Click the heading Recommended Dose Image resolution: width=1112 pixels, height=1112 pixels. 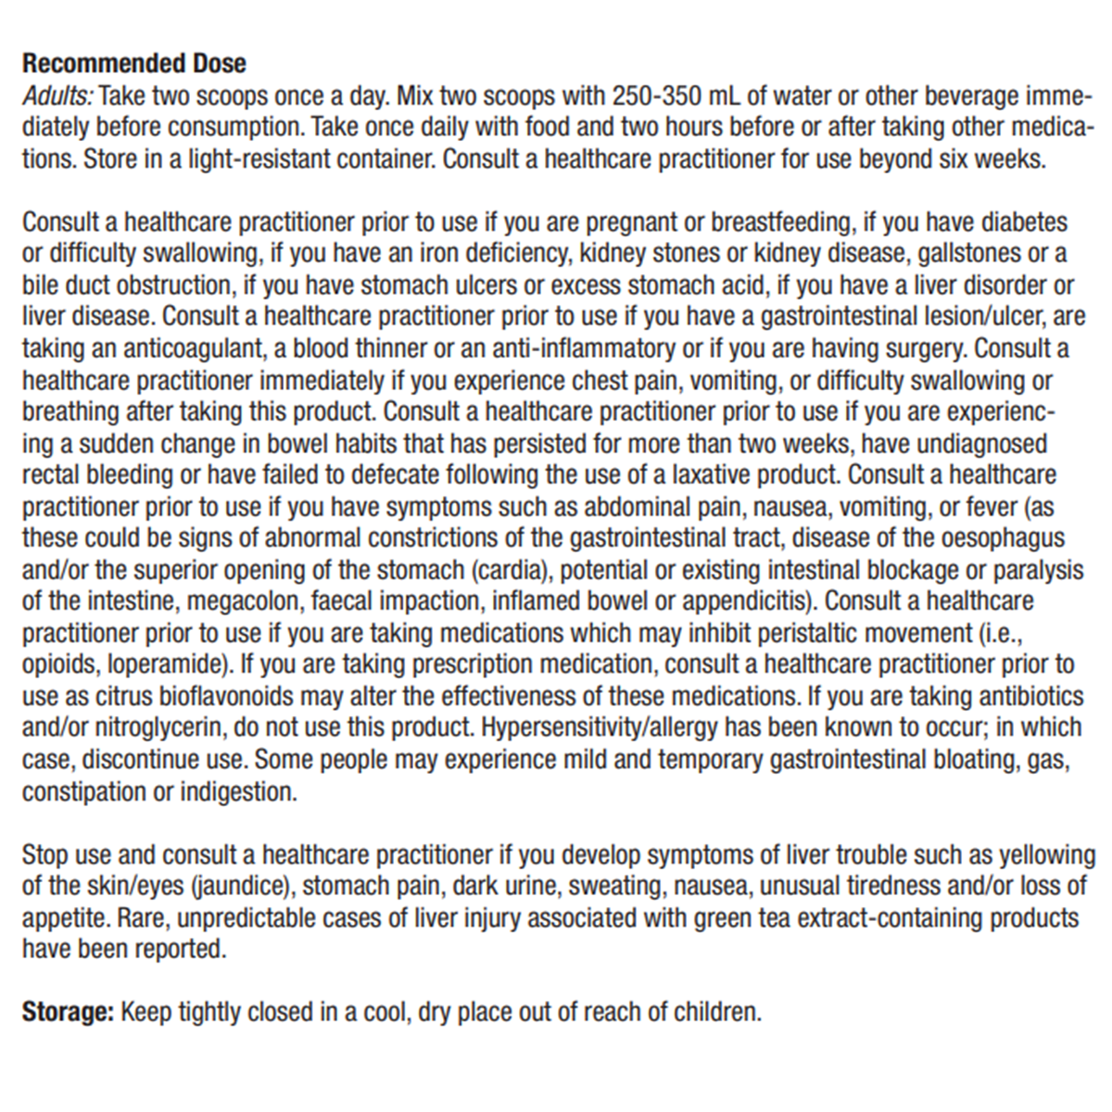point(134,64)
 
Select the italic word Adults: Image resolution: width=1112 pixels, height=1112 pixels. point(57,95)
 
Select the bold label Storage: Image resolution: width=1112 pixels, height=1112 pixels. point(68,1012)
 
